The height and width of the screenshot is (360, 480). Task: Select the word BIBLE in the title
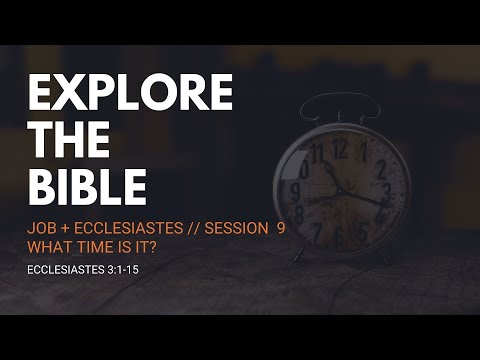click(87, 187)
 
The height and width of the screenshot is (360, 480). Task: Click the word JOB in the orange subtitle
click(41, 228)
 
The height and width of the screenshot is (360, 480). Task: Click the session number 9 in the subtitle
click(281, 228)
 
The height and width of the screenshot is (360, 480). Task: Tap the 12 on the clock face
click(340, 149)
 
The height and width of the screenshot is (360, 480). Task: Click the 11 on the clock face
click(318, 157)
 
